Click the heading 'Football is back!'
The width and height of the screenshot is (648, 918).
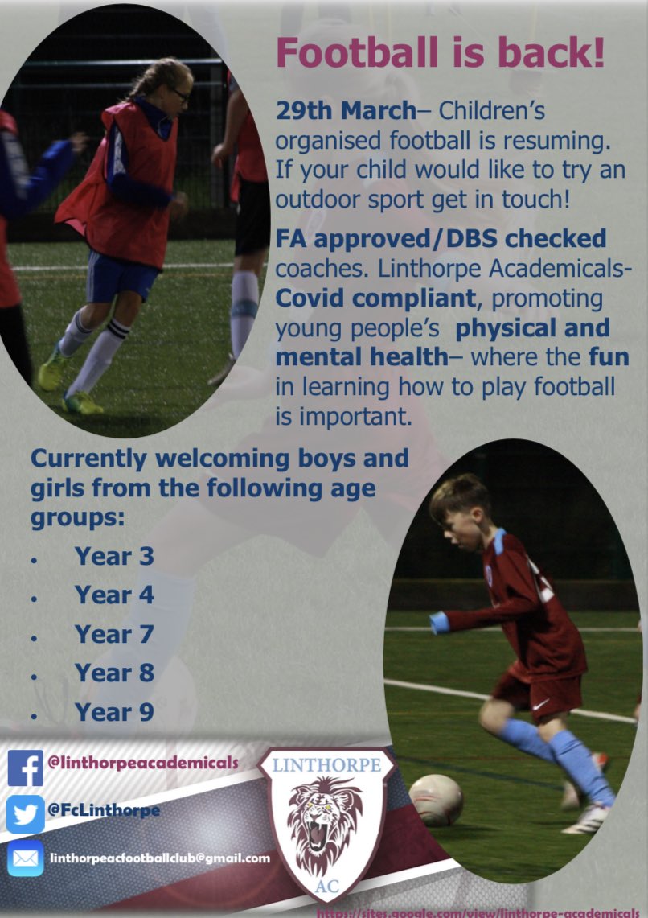[440, 52]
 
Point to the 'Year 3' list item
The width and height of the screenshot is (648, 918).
[114, 556]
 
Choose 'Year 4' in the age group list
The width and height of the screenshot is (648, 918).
[114, 595]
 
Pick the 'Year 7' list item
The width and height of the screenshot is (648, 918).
[114, 634]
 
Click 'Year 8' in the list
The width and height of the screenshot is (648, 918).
[114, 673]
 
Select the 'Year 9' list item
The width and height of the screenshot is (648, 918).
[114, 712]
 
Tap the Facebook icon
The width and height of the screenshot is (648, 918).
[25, 768]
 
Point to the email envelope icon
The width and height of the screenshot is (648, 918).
[25, 858]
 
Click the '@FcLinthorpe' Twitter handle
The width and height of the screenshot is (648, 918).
[104, 810]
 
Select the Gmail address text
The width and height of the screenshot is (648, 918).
[160, 858]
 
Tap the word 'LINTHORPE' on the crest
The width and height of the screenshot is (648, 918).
[326, 765]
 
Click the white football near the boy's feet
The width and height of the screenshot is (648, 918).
[436, 800]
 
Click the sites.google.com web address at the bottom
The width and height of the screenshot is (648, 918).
[482, 912]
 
